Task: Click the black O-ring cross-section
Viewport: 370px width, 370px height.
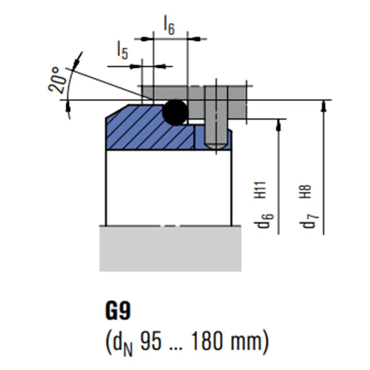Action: click(x=175, y=112)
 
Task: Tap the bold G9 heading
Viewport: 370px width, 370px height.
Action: click(x=118, y=312)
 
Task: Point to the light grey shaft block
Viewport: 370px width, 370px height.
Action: click(x=170, y=248)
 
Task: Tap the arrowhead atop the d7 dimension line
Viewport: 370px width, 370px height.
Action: click(x=324, y=105)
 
